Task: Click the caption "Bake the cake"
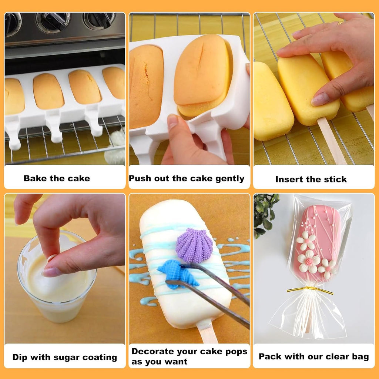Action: (x=57, y=178)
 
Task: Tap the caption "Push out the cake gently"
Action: (x=187, y=178)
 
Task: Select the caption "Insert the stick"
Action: (x=311, y=180)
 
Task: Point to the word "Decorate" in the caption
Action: (x=151, y=352)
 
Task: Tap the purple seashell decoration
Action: (x=194, y=245)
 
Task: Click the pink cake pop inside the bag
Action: (x=318, y=237)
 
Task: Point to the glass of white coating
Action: (x=56, y=281)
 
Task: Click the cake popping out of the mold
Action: (x=203, y=76)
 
